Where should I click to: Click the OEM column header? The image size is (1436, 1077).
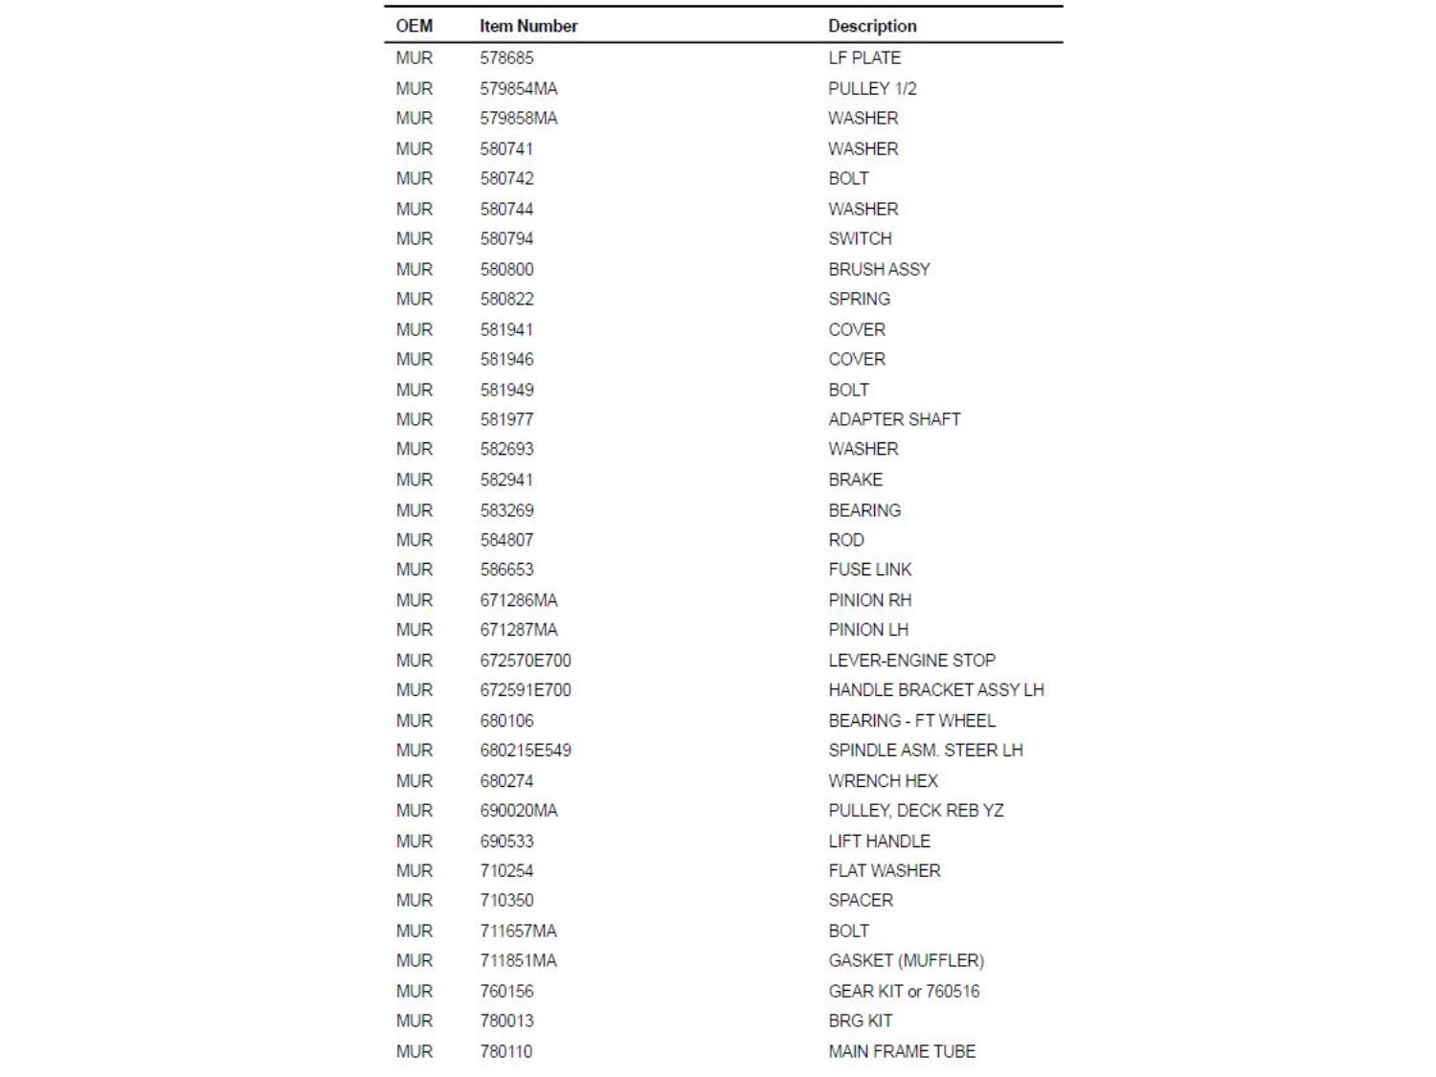tap(414, 26)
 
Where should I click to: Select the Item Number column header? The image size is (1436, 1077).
tap(528, 26)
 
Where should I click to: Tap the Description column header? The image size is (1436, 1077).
tap(872, 26)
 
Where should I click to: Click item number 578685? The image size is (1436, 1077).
tap(506, 57)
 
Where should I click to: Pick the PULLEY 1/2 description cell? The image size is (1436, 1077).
tap(872, 88)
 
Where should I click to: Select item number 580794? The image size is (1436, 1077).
tap(506, 238)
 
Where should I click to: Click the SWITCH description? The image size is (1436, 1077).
tap(860, 238)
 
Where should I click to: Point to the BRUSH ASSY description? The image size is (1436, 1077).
tap(879, 269)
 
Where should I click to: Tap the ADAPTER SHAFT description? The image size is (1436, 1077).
tap(894, 419)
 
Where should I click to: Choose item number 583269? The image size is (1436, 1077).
tap(506, 510)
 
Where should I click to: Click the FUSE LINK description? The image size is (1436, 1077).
tap(869, 570)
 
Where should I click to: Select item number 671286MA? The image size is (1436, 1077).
tap(518, 600)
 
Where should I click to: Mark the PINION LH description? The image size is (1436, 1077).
tap(868, 630)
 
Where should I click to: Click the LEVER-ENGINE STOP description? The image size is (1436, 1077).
tap(911, 661)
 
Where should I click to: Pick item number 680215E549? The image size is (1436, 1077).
tap(526, 751)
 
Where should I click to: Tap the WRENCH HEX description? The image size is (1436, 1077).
tap(883, 781)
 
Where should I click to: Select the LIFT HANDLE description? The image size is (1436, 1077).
tap(879, 841)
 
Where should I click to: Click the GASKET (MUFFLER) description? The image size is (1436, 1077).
tap(906, 960)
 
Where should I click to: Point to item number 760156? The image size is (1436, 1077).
tap(506, 991)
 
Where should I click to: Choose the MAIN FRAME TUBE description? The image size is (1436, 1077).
tap(902, 1051)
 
